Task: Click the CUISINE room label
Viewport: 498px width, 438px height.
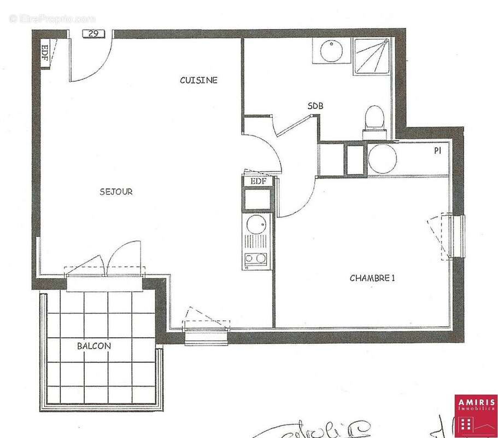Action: tap(198, 80)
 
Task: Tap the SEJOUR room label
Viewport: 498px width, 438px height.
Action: tap(116, 192)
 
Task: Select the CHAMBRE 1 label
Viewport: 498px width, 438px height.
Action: tap(372, 278)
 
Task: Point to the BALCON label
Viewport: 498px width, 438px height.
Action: tap(93, 346)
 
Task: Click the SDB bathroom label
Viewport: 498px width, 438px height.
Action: tap(315, 107)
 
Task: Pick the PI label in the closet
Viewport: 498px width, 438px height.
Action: tap(437, 149)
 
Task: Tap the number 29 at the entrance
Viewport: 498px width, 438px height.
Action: tap(93, 34)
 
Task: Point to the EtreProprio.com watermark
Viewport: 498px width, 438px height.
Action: tap(52, 19)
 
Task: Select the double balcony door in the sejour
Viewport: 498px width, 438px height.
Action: tap(105, 268)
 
